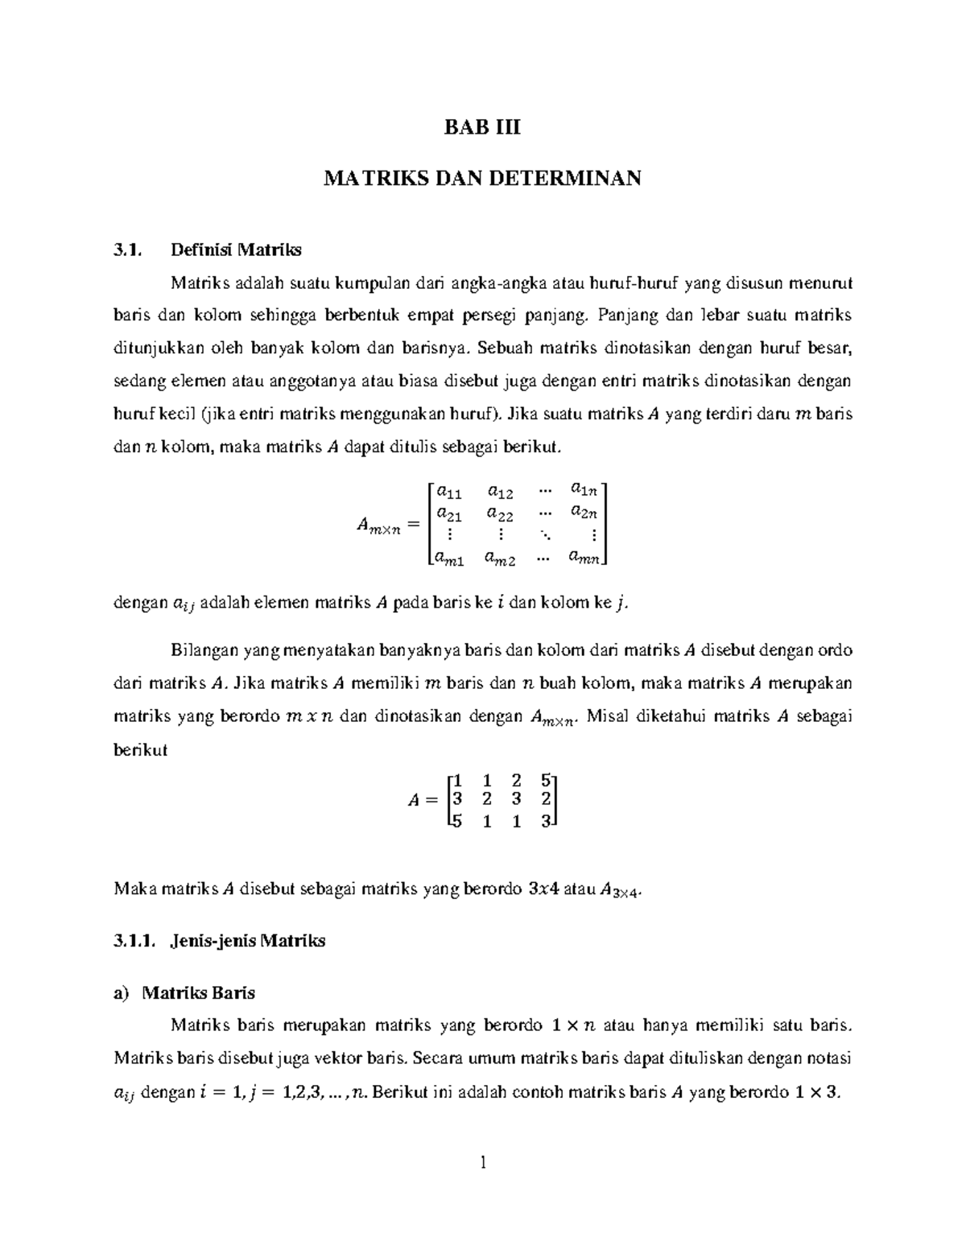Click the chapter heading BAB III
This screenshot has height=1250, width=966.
click(482, 127)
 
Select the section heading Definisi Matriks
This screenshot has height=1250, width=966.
click(236, 250)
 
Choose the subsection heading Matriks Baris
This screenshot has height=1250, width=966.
click(198, 992)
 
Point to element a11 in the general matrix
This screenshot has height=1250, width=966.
click(449, 490)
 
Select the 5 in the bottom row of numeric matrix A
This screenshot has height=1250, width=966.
click(457, 821)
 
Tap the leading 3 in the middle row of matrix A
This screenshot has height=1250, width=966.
click(457, 799)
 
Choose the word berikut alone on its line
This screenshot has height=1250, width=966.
click(140, 749)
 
